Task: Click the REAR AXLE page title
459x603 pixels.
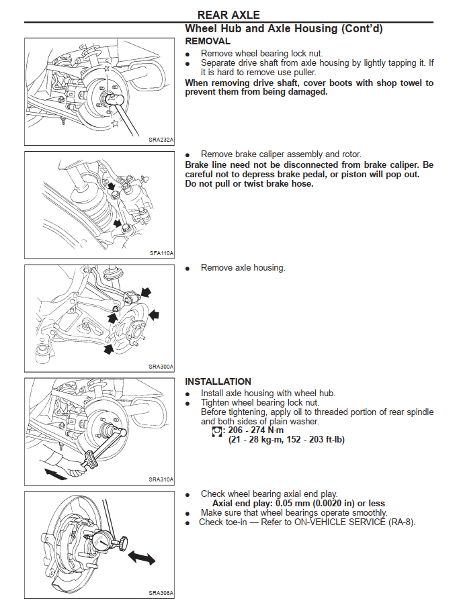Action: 228,14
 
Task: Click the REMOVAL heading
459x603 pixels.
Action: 208,41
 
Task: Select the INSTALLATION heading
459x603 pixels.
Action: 218,381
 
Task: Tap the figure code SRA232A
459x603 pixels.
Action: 161,140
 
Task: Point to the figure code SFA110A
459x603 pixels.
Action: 161,253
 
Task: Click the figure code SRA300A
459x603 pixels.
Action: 161,367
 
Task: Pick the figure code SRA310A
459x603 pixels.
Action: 161,479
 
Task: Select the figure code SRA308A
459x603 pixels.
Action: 161,593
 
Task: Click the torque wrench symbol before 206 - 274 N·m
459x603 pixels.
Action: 216,430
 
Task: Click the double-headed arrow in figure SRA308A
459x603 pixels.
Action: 141,557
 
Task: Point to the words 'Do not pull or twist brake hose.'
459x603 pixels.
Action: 249,183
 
